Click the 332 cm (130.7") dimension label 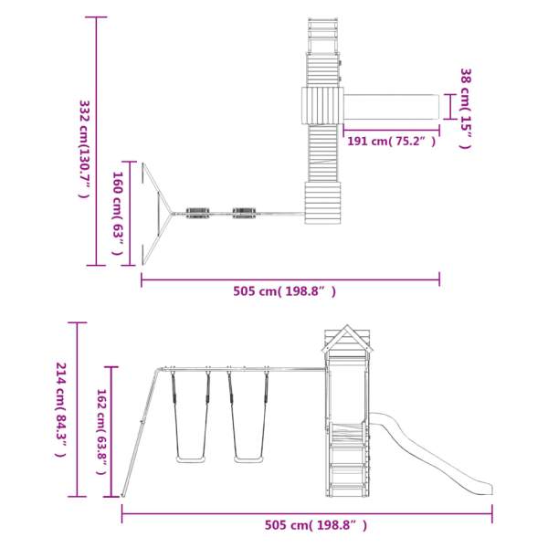coord(85,149)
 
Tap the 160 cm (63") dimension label coord(118,213)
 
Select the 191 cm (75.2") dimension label coord(392,142)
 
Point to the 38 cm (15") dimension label coord(466,109)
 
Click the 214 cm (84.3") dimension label coord(61,409)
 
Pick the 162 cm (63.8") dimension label coord(101,432)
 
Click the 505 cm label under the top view coord(284,291)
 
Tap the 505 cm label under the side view coord(316,524)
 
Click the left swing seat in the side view coord(190,459)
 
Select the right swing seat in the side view coord(248,459)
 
